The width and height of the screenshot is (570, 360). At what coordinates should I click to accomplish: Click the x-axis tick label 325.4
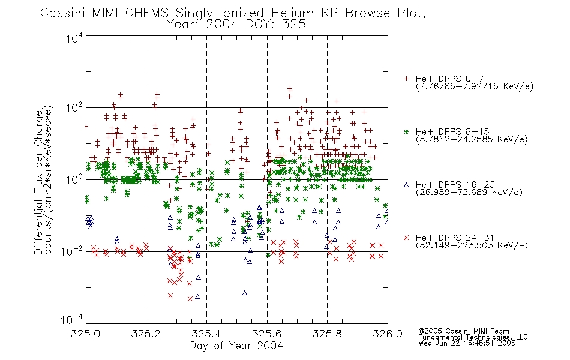tap(206, 334)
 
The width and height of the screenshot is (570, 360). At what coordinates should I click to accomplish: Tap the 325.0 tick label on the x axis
tap(86, 334)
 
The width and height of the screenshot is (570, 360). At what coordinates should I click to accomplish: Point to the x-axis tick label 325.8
tap(327, 334)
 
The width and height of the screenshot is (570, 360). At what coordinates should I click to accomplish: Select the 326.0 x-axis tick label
tap(388, 334)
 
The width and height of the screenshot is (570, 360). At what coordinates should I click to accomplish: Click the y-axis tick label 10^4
tap(74, 38)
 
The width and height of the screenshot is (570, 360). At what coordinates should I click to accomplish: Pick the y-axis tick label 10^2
tap(74, 107)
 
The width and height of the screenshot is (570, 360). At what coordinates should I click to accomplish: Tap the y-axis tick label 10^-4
tap(72, 319)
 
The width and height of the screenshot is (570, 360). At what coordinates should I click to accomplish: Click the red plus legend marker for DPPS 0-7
tap(406, 79)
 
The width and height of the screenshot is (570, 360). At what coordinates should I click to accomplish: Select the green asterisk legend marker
tap(406, 131)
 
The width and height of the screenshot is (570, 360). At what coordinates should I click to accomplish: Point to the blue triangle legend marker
tap(406, 185)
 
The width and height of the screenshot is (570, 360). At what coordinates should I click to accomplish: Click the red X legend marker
tap(406, 238)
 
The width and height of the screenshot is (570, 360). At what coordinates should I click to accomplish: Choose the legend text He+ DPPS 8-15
tap(452, 131)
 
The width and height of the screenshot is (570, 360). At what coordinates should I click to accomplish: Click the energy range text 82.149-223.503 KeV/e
tap(472, 245)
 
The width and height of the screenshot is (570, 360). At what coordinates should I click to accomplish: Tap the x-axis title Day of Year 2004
tap(236, 346)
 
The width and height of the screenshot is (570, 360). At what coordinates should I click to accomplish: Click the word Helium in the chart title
tap(292, 13)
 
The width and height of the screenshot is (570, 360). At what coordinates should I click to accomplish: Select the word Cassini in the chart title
tap(62, 13)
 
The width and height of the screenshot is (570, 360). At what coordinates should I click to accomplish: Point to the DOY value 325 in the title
tap(295, 25)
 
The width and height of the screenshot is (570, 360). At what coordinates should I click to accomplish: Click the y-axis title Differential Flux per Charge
tap(38, 182)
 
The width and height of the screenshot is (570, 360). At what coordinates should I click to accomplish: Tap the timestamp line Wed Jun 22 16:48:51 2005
tap(467, 343)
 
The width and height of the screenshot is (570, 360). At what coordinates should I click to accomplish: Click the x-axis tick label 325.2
tap(146, 334)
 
